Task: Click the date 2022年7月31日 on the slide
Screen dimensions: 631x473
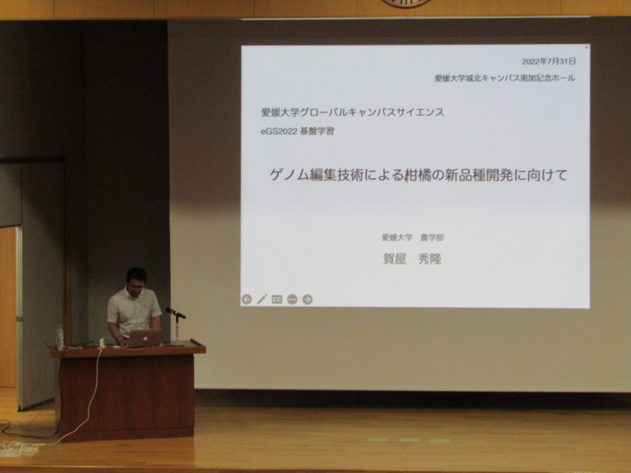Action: coord(548,62)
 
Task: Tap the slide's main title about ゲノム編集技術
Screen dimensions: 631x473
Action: coord(418,175)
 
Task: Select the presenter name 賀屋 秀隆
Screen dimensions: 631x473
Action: coord(412,259)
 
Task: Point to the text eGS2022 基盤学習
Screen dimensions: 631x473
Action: coord(298,132)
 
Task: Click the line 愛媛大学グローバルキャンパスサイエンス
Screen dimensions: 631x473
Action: coord(352,112)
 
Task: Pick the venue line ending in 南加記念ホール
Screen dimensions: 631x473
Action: coord(505,78)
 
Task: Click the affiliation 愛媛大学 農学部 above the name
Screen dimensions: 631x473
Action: coord(412,238)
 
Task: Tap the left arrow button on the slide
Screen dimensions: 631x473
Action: coord(246,299)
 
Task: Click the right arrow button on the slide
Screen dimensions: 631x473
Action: coord(307,299)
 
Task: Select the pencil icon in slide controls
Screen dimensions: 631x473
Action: coord(262,299)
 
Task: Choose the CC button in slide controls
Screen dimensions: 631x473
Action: coord(277,299)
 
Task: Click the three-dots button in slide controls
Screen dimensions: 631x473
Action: coord(292,299)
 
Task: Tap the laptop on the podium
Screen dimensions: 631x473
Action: coord(144,338)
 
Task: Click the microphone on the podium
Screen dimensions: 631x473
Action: coord(176,312)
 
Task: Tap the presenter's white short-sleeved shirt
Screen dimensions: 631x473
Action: coord(133,312)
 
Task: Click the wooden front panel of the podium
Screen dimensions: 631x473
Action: coord(127,396)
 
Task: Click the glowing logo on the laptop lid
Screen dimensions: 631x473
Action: coord(144,339)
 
